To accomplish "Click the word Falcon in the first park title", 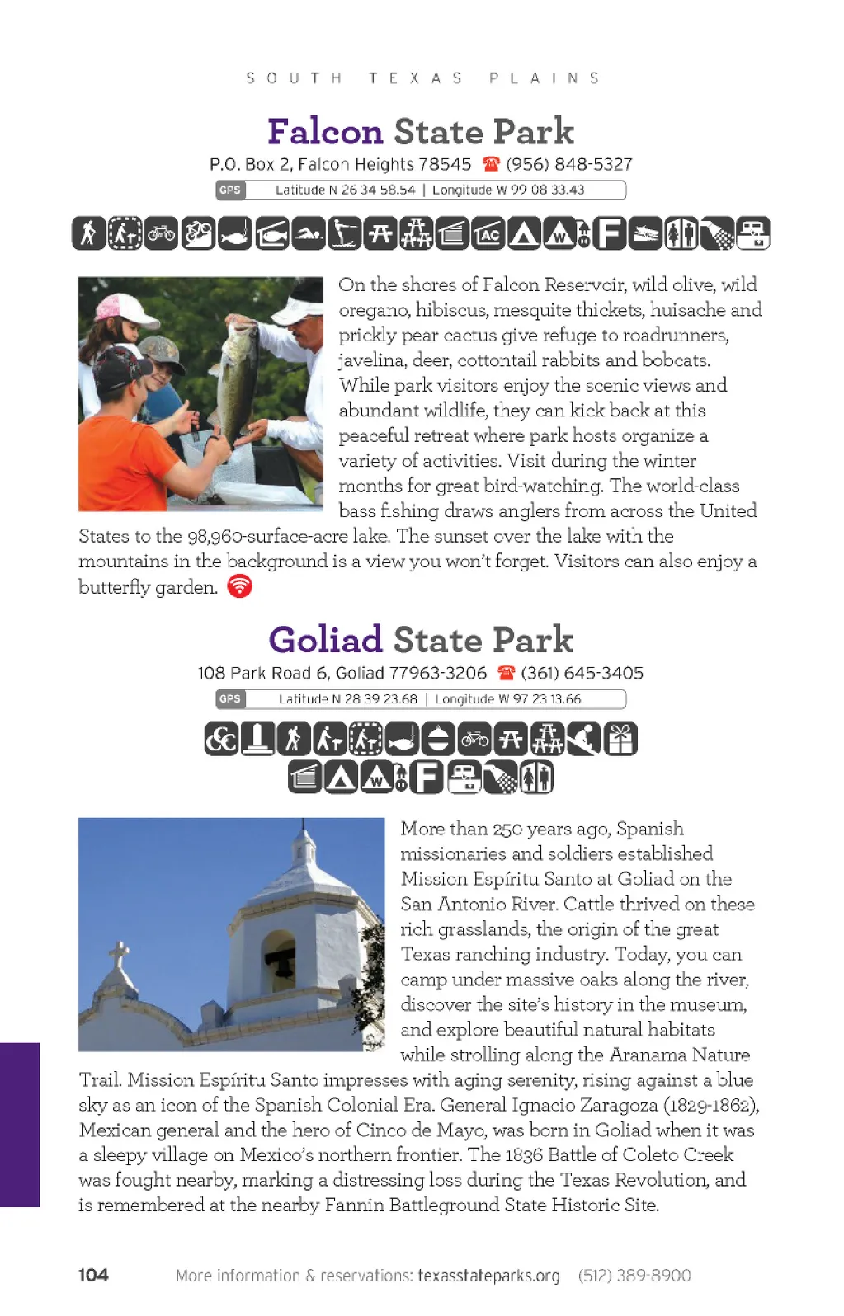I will (325, 132).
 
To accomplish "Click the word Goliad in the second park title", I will (326, 640).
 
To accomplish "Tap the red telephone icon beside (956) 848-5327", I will (491, 164).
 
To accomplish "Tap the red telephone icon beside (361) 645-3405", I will (507, 673).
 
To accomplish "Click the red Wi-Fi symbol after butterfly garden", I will (239, 586).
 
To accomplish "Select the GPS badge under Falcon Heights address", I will (230, 190).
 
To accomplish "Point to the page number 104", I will (93, 1275).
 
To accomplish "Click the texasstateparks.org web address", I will (488, 1276).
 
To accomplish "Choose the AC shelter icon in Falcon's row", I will (488, 234).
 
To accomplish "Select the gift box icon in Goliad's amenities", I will (620, 739).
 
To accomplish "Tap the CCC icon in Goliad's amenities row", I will (222, 739).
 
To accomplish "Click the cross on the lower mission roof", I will (120, 956).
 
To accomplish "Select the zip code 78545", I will (445, 164).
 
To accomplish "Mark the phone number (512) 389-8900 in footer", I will (634, 1276).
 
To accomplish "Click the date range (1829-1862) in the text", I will (710, 1105).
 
